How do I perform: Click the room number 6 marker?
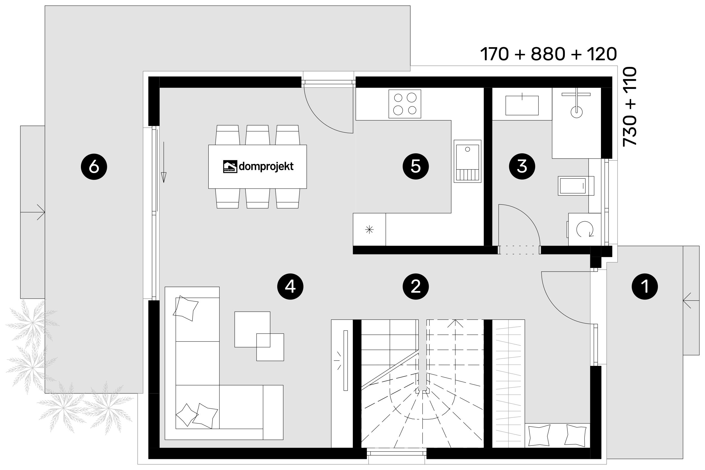point(94,166)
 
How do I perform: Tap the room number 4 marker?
point(290,287)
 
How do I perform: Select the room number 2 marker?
point(415,287)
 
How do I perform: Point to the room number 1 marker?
point(645,287)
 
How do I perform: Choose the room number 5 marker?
point(415,166)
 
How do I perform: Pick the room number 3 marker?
point(522,166)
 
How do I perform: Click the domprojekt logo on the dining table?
point(258,166)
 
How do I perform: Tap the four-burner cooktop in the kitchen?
point(405,104)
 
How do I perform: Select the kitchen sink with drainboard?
point(467,161)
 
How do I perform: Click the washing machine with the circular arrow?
point(584,229)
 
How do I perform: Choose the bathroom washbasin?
point(522,105)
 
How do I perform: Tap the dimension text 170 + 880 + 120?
point(548,54)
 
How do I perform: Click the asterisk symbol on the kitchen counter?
point(369,230)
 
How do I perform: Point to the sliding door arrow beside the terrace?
point(164,162)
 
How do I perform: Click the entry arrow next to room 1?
point(691,300)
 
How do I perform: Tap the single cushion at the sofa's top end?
point(186,309)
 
